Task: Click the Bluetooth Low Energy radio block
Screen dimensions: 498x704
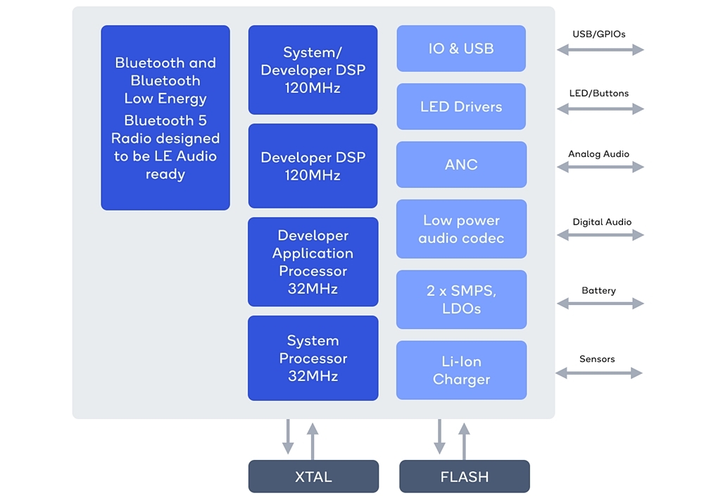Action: point(165,118)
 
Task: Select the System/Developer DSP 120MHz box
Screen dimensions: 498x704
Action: point(313,70)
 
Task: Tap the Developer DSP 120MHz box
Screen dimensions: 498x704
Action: point(313,166)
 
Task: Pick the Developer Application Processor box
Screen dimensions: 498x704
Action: point(313,261)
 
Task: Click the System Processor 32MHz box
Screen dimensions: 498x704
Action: point(313,358)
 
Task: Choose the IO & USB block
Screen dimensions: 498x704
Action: point(461,49)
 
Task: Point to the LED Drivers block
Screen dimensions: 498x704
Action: point(461,106)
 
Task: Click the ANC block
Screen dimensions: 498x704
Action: point(461,164)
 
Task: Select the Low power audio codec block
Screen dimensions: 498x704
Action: point(461,229)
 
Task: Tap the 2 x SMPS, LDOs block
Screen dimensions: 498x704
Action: point(461,299)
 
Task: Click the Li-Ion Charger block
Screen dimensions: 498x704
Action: point(461,370)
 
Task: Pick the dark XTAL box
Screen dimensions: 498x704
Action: point(313,477)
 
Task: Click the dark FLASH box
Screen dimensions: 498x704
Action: point(465,477)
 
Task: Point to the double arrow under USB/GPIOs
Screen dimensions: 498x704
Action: point(601,49)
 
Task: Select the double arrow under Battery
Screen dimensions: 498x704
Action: point(601,304)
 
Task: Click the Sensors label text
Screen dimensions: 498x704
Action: point(597,359)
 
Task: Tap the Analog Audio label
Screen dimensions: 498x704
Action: point(598,154)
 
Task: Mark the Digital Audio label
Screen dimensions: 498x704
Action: point(602,222)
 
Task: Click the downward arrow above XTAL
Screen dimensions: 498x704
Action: point(288,437)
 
